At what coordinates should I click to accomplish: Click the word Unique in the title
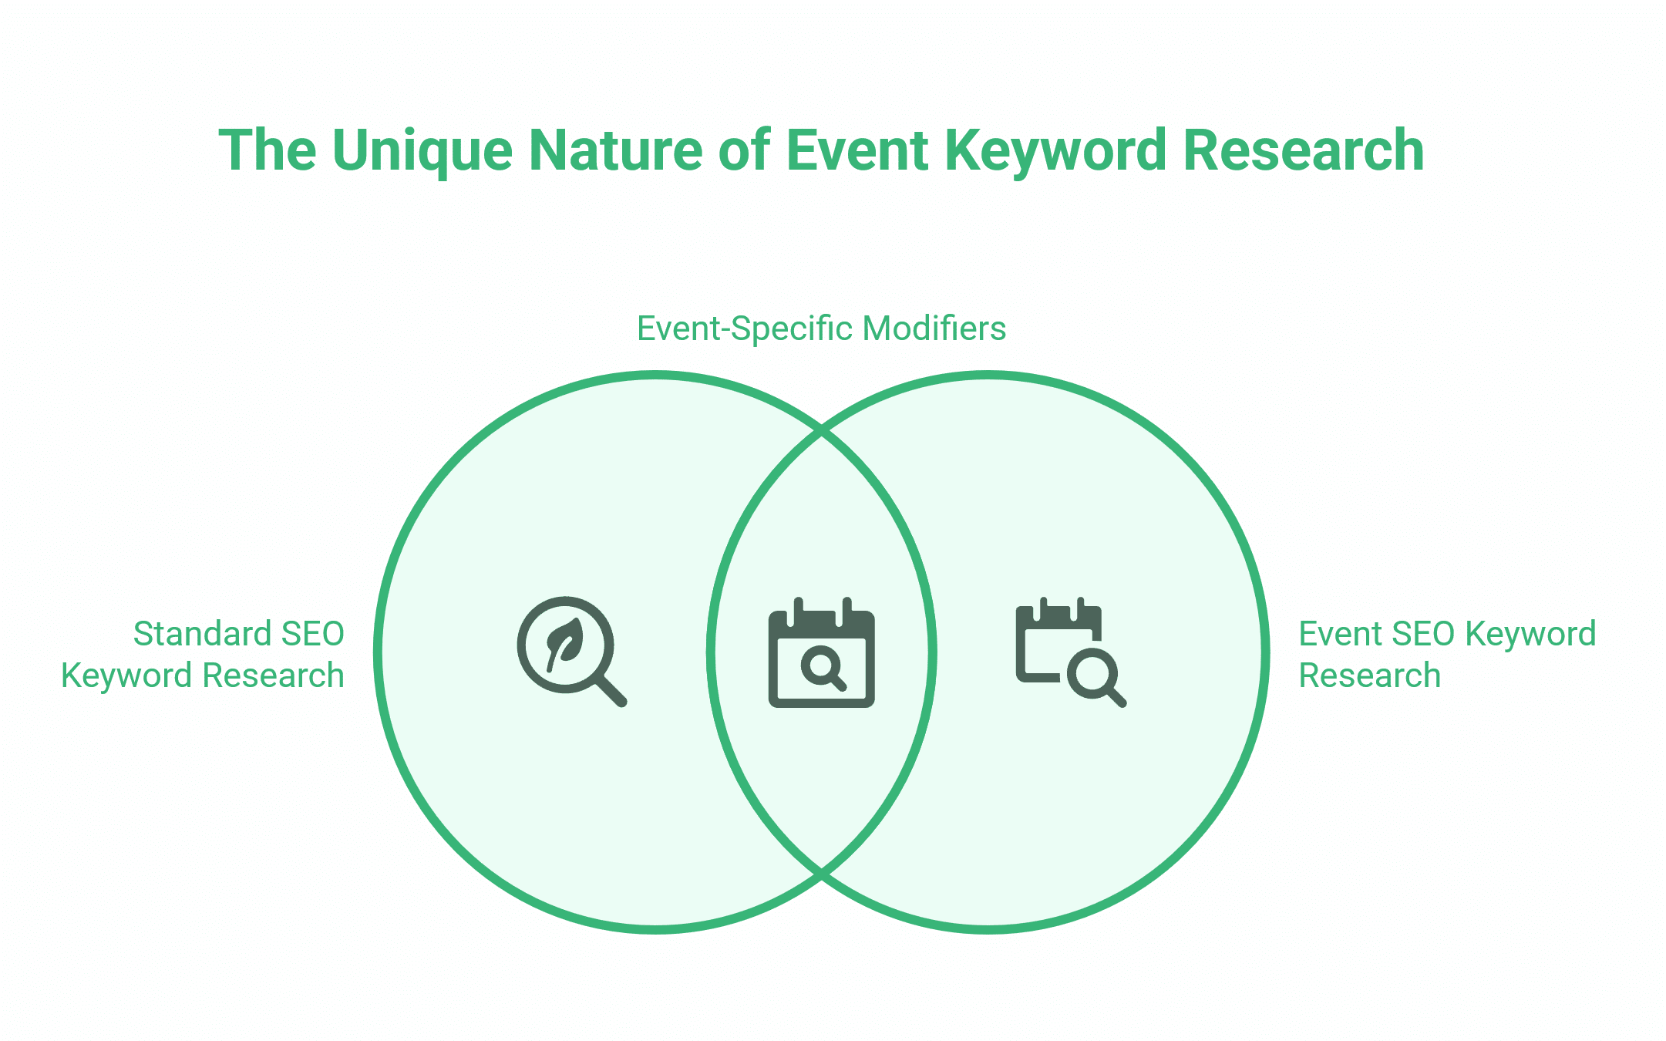point(422,151)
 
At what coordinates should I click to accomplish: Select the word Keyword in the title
point(1056,151)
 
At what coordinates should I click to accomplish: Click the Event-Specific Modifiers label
point(821,328)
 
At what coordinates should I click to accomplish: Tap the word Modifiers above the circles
point(934,328)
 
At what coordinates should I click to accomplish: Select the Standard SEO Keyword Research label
point(204,654)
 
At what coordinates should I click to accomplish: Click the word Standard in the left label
point(202,634)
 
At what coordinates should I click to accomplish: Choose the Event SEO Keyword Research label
point(1446,654)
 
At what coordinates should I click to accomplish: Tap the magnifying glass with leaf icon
point(570,650)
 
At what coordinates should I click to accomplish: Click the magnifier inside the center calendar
point(823,665)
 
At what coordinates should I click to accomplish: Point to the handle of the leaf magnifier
point(611,691)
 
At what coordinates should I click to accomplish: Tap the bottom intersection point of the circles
point(822,874)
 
